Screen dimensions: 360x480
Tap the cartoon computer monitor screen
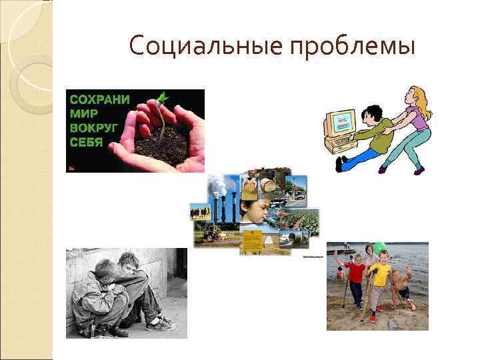pyautogui.click(x=341, y=122)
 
